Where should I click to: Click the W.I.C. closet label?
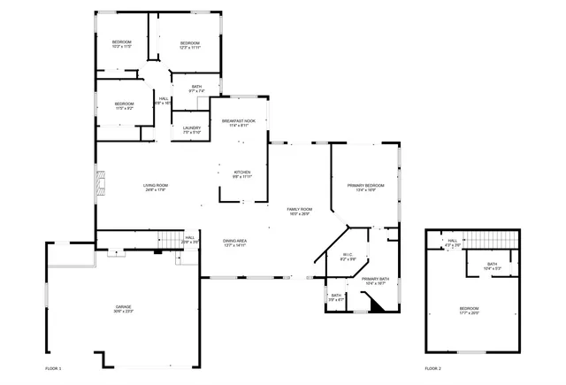point(348,257)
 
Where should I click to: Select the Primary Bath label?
point(375,281)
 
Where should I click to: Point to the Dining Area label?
point(234,243)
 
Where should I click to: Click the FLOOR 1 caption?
point(54,367)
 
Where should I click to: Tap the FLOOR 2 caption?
point(432,367)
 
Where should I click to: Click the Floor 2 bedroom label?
point(469,310)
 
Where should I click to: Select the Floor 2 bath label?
point(492,266)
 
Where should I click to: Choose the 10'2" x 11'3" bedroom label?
point(121,44)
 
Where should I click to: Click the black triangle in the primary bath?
point(375,304)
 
